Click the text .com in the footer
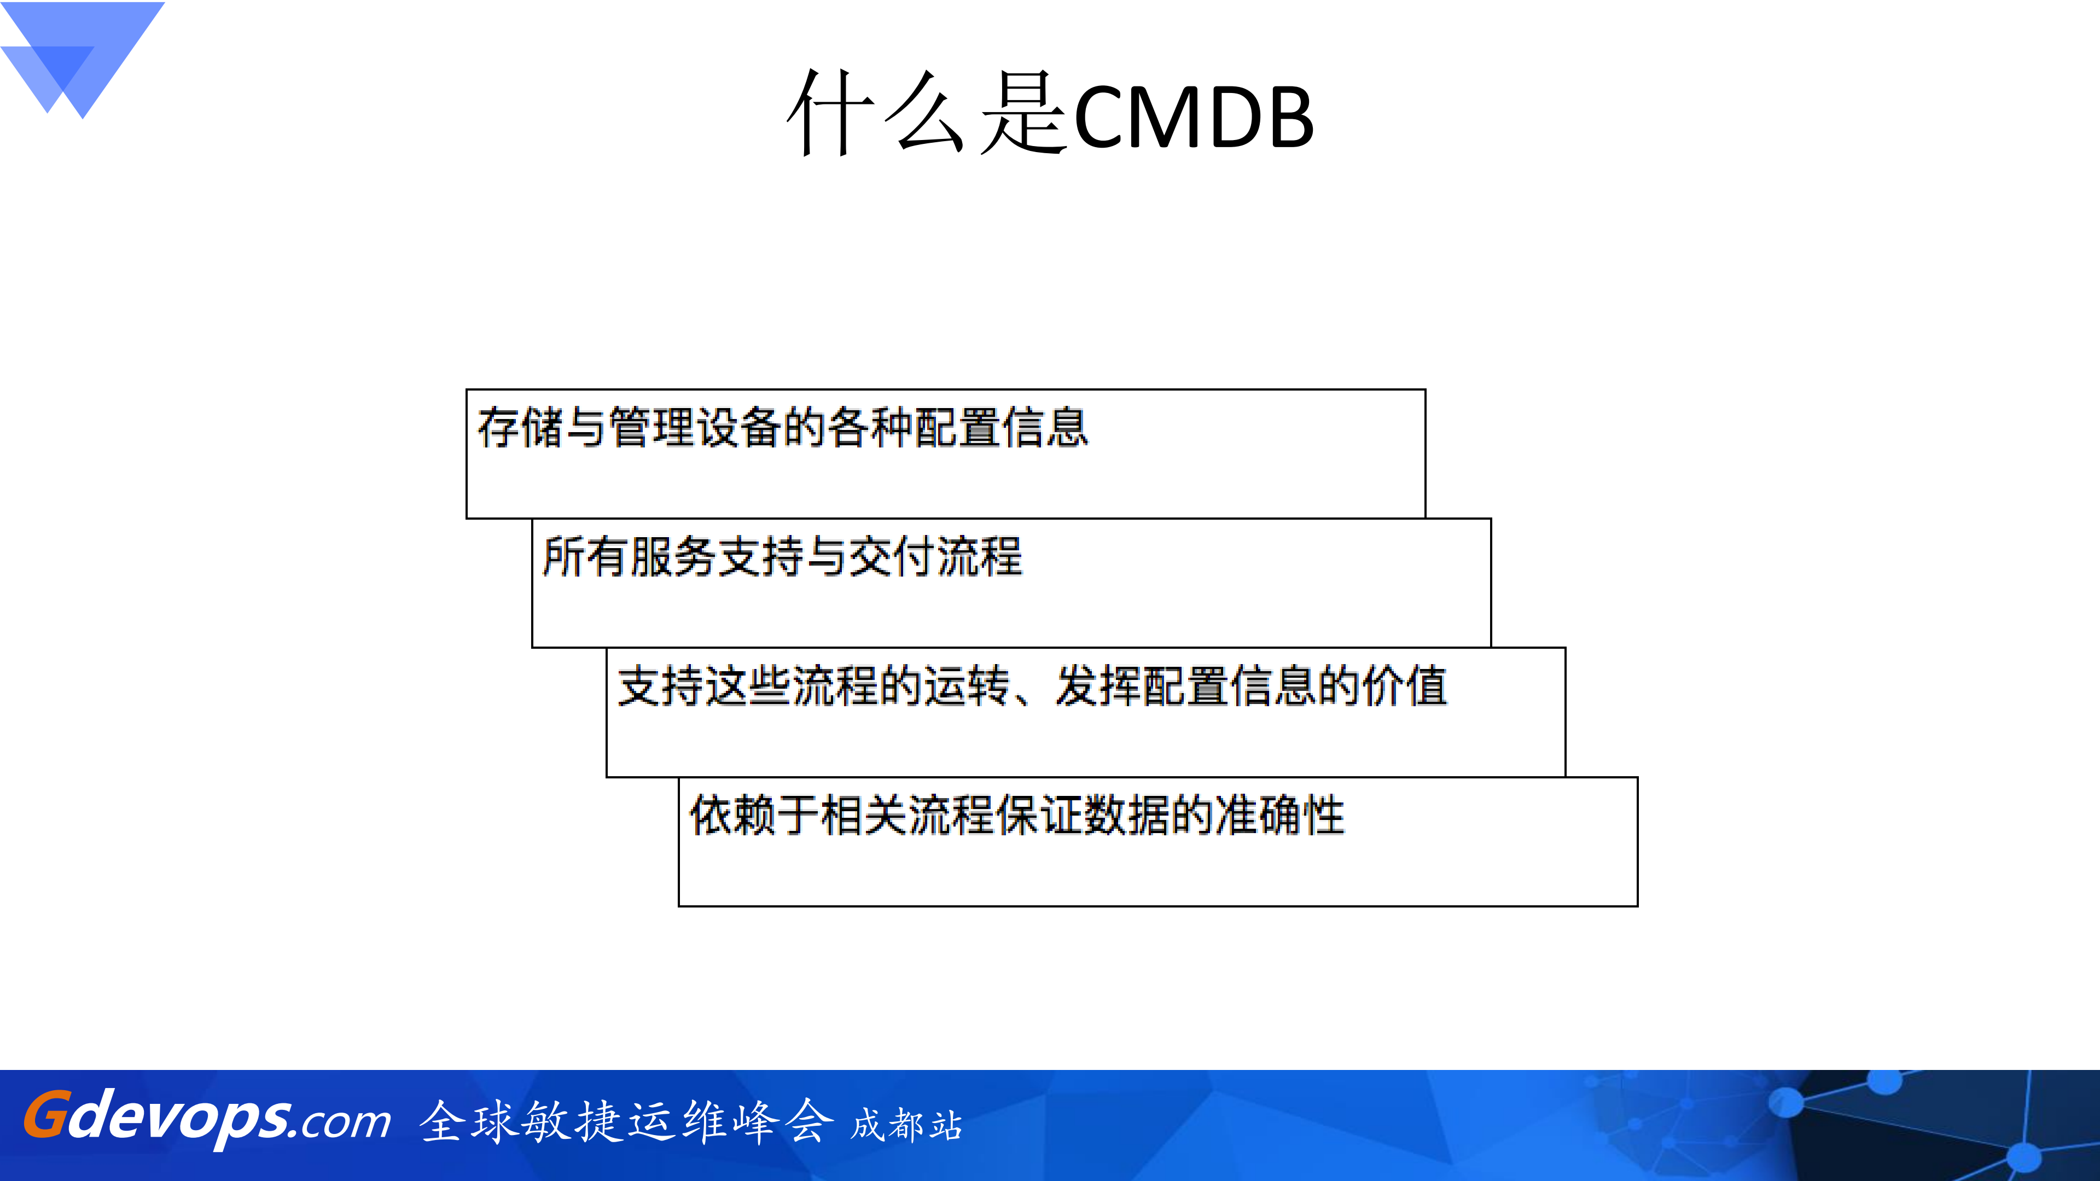pyautogui.click(x=341, y=1122)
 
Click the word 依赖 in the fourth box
pyautogui.click(x=732, y=815)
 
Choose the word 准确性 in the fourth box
pyautogui.click(x=1279, y=815)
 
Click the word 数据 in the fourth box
pyautogui.click(x=1127, y=815)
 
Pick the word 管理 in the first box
pyautogui.click(x=651, y=427)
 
